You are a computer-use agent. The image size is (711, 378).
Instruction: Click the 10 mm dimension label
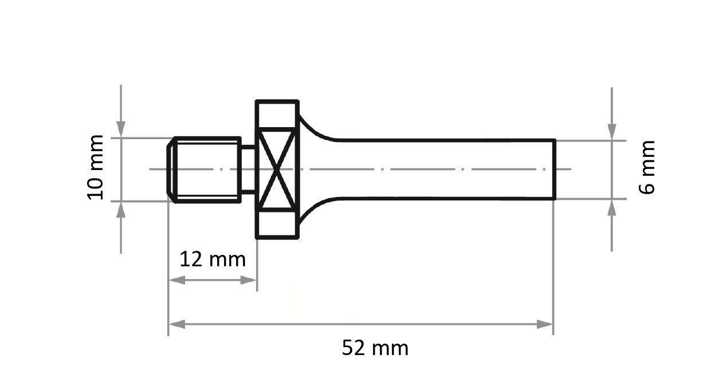coord(95,167)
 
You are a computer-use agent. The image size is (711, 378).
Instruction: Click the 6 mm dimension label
coord(647,168)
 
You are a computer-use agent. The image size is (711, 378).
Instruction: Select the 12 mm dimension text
coord(213,259)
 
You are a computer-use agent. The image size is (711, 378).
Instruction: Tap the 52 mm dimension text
coord(375,348)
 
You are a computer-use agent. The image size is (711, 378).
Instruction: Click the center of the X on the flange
coord(277,170)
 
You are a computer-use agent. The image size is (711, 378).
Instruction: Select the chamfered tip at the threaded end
coord(171,170)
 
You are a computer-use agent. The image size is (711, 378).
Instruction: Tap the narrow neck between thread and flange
coord(248,170)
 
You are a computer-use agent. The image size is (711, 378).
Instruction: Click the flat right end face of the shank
coord(555,170)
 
